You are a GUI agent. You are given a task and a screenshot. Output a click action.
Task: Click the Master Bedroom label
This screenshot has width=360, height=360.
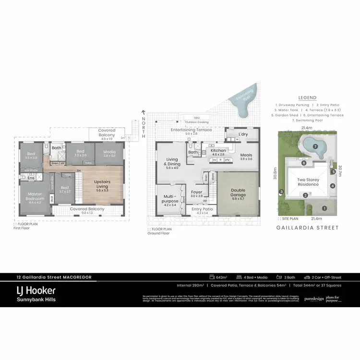click(x=34, y=196)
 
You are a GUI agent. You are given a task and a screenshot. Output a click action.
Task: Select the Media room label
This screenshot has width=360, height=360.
click(x=109, y=153)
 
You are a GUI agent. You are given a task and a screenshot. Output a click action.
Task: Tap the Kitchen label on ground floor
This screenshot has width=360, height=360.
click(x=218, y=151)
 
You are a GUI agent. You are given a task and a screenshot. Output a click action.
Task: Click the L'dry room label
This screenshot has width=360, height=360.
click(x=243, y=134)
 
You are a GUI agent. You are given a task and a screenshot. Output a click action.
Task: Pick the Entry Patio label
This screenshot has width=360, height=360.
click(x=202, y=209)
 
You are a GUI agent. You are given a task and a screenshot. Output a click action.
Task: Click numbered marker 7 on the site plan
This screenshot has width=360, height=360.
click(x=315, y=146)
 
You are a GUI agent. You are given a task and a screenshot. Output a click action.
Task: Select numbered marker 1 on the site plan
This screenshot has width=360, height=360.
click(x=324, y=208)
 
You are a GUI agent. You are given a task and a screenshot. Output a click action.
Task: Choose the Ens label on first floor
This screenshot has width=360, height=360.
click(x=31, y=178)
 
